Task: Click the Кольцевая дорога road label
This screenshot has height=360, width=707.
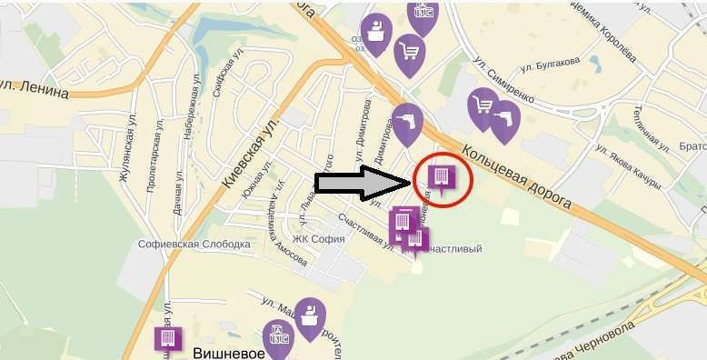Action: coord(516,177)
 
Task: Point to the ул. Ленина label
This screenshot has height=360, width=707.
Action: coord(35,89)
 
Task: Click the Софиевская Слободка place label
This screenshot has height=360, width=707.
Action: coord(194,245)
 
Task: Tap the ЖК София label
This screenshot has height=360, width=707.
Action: coord(322,239)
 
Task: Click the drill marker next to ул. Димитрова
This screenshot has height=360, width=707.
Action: coord(407,122)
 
